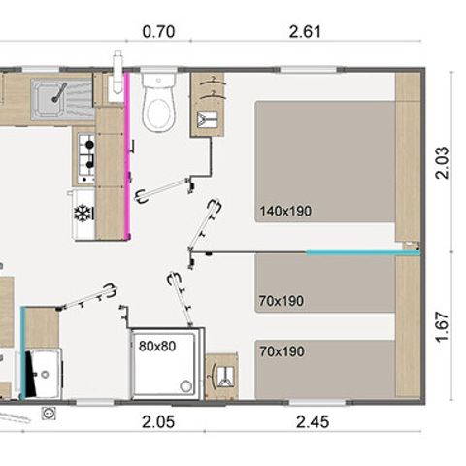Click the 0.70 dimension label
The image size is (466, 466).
pyautogui.click(x=158, y=32)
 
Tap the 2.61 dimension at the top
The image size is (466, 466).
pyautogui.click(x=305, y=32)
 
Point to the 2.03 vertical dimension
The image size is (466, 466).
pyautogui.click(x=443, y=162)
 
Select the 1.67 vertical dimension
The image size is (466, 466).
pyautogui.click(x=443, y=326)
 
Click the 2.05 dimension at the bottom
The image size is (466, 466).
pyautogui.click(x=158, y=422)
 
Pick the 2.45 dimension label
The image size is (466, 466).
pyautogui.click(x=313, y=422)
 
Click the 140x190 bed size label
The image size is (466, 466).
pyautogui.click(x=285, y=211)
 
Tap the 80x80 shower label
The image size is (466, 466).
pyautogui.click(x=157, y=347)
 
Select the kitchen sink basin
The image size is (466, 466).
pyautogui.click(x=50, y=98)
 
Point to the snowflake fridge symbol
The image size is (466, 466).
pyautogui.click(x=83, y=213)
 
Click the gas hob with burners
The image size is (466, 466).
pyautogui.click(x=86, y=158)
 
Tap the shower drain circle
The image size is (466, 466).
pyautogui.click(x=185, y=386)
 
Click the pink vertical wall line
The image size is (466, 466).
pyautogui.click(x=127, y=156)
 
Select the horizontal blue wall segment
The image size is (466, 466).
pyautogui.click(x=363, y=252)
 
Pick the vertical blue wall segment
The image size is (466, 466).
pyautogui.click(x=22, y=353)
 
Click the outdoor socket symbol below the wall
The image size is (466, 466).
pyautogui.click(x=49, y=414)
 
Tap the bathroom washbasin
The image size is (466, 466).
pyautogui.click(x=45, y=374)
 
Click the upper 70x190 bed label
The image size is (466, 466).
pyautogui.click(x=282, y=301)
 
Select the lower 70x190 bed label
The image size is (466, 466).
pyautogui.click(x=282, y=351)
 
